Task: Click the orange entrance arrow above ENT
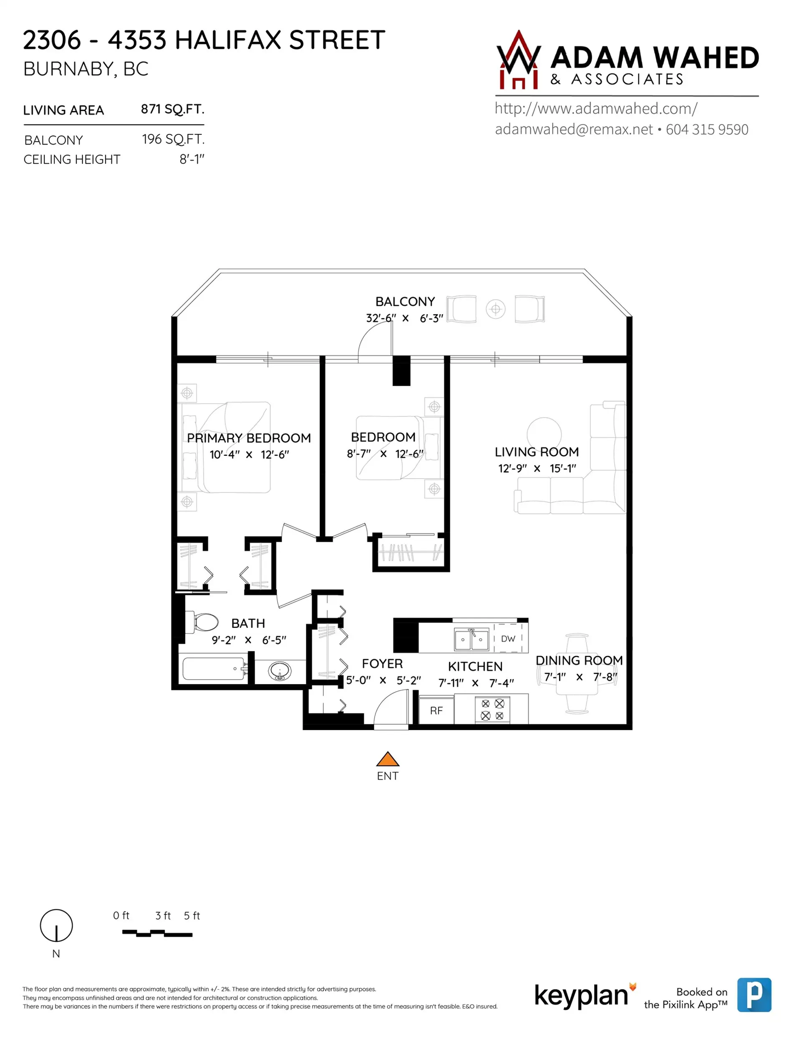[388, 759]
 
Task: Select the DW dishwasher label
[508, 639]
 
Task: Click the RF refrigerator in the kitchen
[436, 711]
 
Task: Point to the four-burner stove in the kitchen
[492, 710]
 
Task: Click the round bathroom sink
[280, 672]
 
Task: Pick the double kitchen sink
[471, 639]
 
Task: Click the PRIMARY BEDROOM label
[249, 438]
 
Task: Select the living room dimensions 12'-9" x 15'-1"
[537, 468]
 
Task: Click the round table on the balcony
[496, 310]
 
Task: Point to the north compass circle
[56, 926]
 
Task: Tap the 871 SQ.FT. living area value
[172, 109]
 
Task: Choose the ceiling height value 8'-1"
[192, 159]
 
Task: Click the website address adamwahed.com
[596, 109]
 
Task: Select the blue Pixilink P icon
[754, 995]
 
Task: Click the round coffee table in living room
[544, 434]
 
